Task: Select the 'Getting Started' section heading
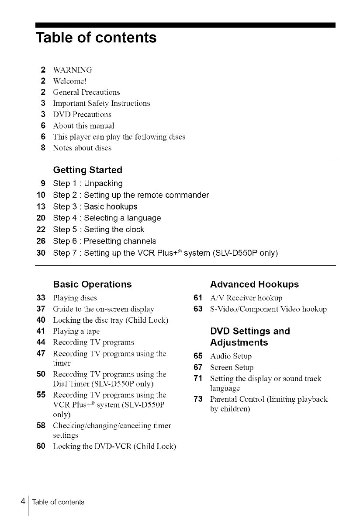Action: [87, 169]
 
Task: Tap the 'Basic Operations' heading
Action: [92, 284]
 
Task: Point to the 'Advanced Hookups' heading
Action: [254, 284]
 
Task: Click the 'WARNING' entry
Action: [72, 70]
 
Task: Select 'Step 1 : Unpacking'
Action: [87, 183]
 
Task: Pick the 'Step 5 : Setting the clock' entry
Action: [98, 230]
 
